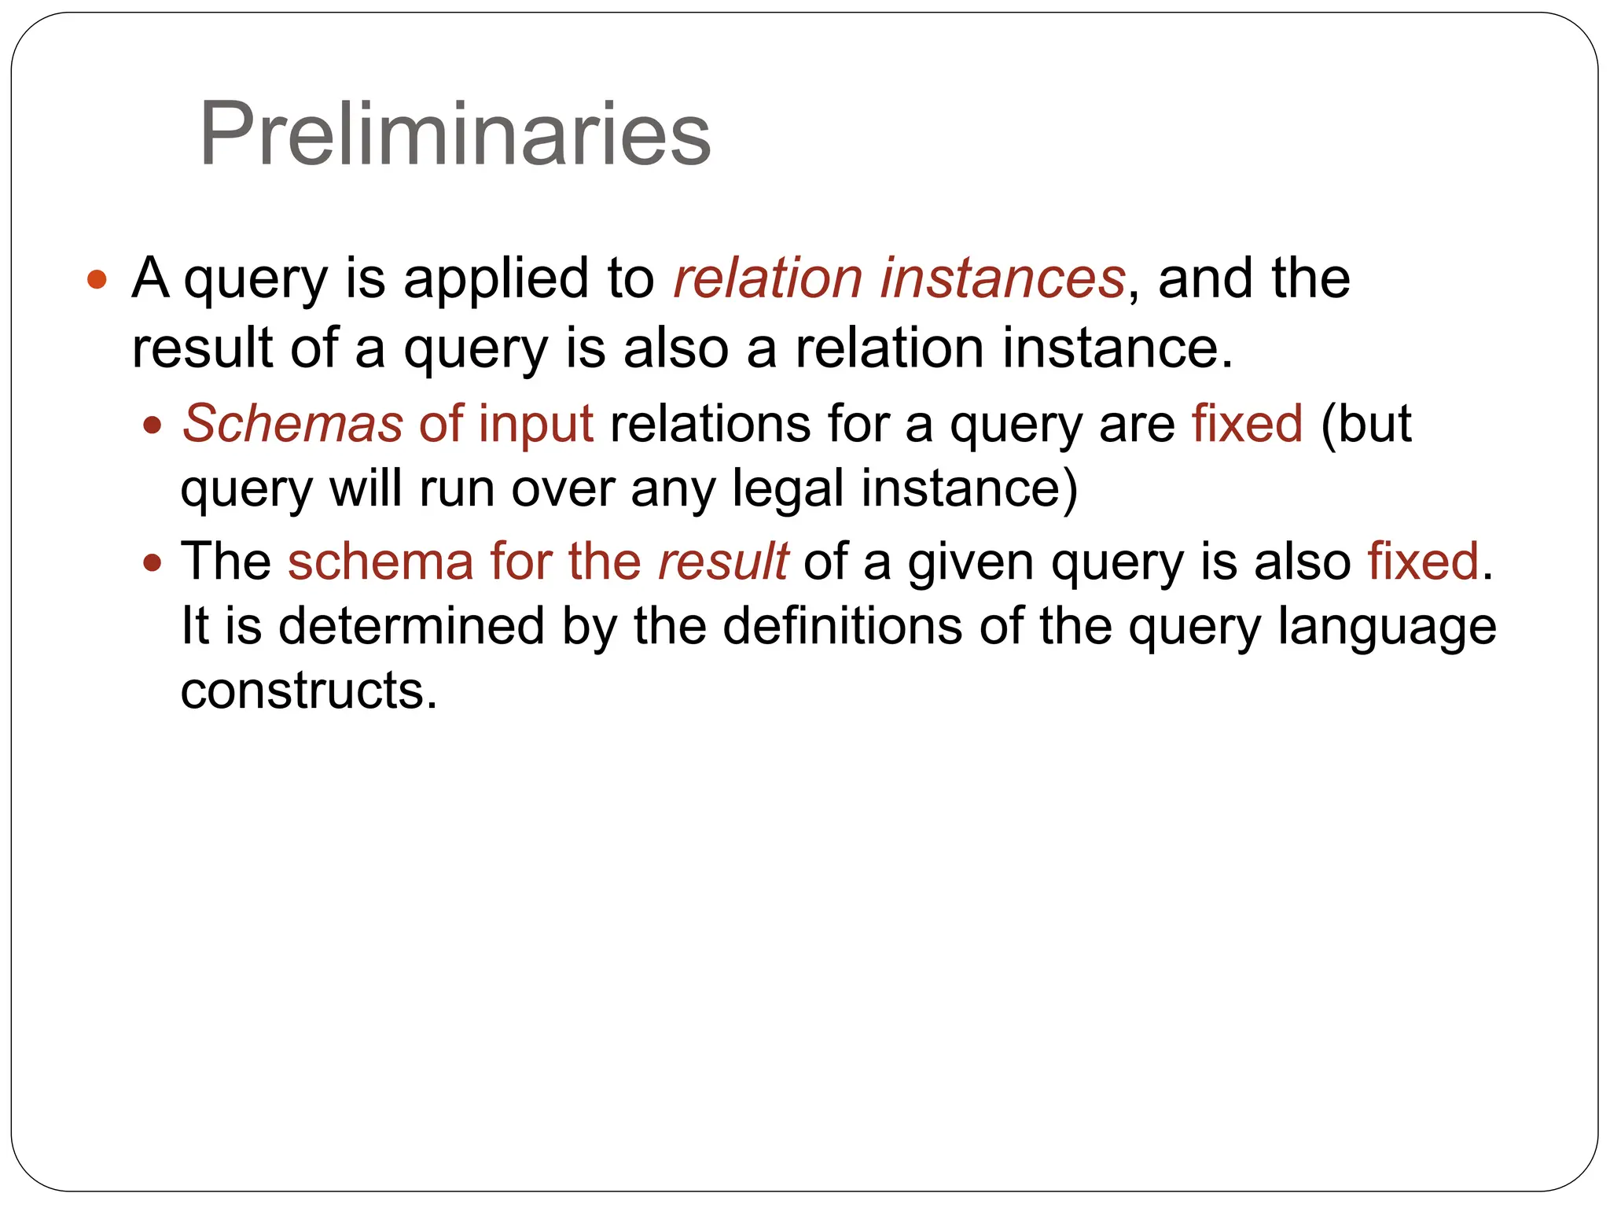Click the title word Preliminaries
pyautogui.click(x=455, y=134)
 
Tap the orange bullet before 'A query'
pyautogui.click(x=97, y=279)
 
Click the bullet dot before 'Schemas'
pyautogui.click(x=153, y=425)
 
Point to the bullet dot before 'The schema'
pyautogui.click(x=153, y=563)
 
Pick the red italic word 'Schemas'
pyautogui.click(x=292, y=424)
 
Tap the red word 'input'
pyautogui.click(x=535, y=425)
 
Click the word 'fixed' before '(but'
pyautogui.click(x=1247, y=424)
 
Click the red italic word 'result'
pyautogui.click(x=722, y=562)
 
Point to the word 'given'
pyautogui.click(x=971, y=563)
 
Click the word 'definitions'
pyautogui.click(x=842, y=626)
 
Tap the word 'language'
pyautogui.click(x=1387, y=628)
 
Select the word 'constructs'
pyautogui.click(x=308, y=691)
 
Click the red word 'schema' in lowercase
pyautogui.click(x=380, y=562)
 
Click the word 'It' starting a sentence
pyautogui.click(x=195, y=626)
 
